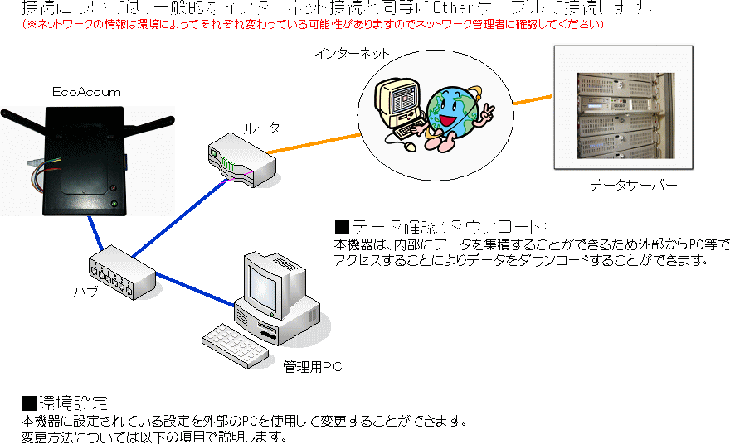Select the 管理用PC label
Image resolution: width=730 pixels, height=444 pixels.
312,366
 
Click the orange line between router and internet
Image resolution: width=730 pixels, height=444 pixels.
315,140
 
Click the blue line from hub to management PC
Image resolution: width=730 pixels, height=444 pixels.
195,287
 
